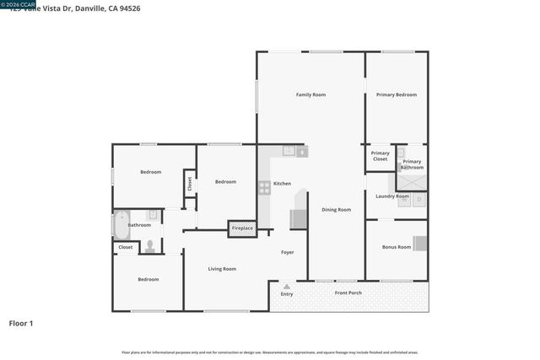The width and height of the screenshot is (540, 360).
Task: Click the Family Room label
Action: click(310, 94)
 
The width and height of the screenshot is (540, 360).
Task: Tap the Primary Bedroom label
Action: click(396, 94)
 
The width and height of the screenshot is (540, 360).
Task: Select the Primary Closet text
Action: click(380, 156)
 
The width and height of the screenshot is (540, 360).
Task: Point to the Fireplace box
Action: click(242, 228)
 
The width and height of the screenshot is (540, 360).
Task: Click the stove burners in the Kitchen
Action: click(264, 188)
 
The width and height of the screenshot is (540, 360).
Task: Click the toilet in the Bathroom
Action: click(150, 246)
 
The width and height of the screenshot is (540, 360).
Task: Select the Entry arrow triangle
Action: click(287, 287)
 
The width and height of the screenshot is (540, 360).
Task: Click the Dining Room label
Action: click(336, 209)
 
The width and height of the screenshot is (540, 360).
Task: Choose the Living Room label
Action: click(223, 268)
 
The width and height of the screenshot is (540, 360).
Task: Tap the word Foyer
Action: click(288, 252)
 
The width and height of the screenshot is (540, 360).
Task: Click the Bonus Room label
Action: click(397, 247)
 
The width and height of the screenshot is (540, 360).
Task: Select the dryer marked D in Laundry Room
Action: click(418, 200)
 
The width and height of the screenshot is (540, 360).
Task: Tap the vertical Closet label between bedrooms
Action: click(190, 181)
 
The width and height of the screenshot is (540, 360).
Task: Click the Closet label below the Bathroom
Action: click(126, 247)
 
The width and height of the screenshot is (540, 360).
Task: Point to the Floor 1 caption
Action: click(21, 323)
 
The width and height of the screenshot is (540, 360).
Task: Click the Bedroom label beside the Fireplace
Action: click(225, 181)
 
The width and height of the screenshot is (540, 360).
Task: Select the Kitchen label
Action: click(282, 183)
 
